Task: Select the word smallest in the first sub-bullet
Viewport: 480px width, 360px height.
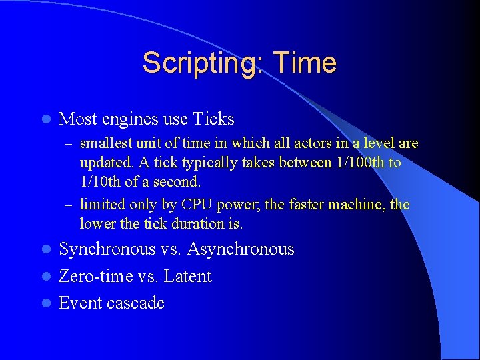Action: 106,143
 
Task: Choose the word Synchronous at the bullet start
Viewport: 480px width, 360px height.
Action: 107,249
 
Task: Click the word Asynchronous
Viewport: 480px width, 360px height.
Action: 241,249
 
